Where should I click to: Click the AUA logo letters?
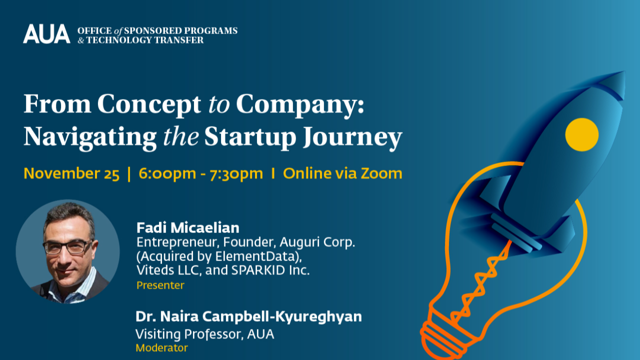(x=46, y=33)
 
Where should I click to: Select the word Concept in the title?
(x=149, y=105)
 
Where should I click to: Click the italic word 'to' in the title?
(x=219, y=104)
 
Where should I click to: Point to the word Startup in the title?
(x=250, y=137)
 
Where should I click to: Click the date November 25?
(x=71, y=173)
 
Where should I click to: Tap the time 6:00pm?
(x=167, y=173)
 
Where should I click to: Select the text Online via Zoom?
(x=342, y=173)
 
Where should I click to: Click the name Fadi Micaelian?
(x=188, y=227)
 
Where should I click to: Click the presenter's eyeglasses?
(x=68, y=247)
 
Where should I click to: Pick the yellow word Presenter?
(x=160, y=285)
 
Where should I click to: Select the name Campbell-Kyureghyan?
(x=282, y=317)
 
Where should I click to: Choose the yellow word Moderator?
(x=161, y=347)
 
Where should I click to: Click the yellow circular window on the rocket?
(x=581, y=134)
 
